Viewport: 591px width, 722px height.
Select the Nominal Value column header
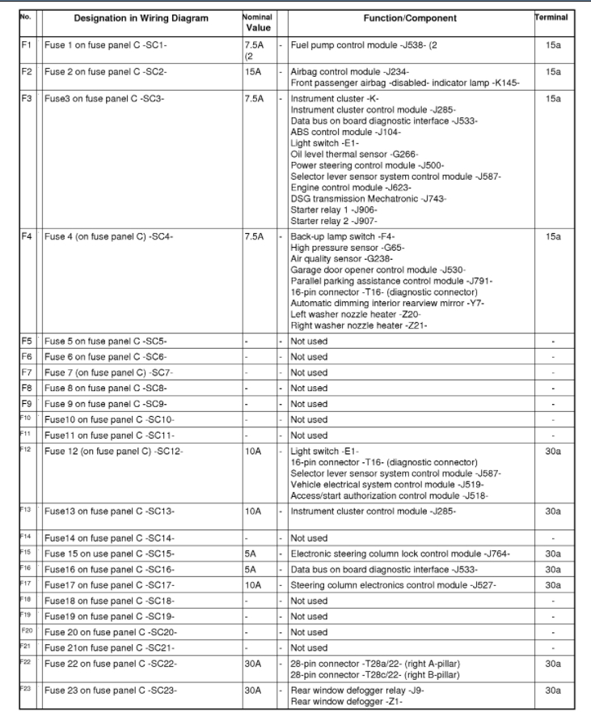click(x=257, y=22)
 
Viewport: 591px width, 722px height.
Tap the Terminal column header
click(x=552, y=17)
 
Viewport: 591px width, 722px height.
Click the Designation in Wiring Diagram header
click(x=141, y=18)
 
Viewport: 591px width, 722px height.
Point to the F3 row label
click(x=27, y=99)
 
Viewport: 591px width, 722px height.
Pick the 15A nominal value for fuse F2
click(x=254, y=72)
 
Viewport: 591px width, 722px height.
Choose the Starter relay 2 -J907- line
click(x=334, y=221)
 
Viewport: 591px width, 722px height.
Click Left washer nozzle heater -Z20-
click(x=355, y=314)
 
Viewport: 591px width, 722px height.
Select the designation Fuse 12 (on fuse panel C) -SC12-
click(x=114, y=451)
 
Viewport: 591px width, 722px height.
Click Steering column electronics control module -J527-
click(x=393, y=585)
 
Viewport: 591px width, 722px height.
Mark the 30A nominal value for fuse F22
click(x=254, y=664)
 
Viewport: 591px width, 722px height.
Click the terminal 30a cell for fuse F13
click(x=553, y=512)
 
